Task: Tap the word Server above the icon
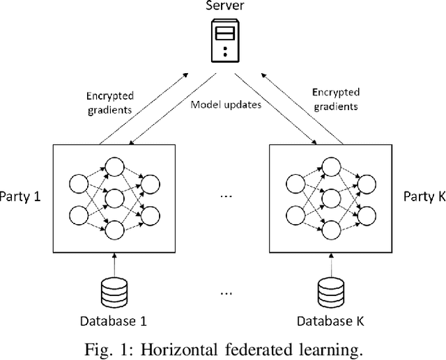pyautogui.click(x=224, y=7)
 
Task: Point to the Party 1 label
pyautogui.click(x=20, y=196)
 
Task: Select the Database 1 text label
pyautogui.click(x=116, y=321)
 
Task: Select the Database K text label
pyautogui.click(x=330, y=321)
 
